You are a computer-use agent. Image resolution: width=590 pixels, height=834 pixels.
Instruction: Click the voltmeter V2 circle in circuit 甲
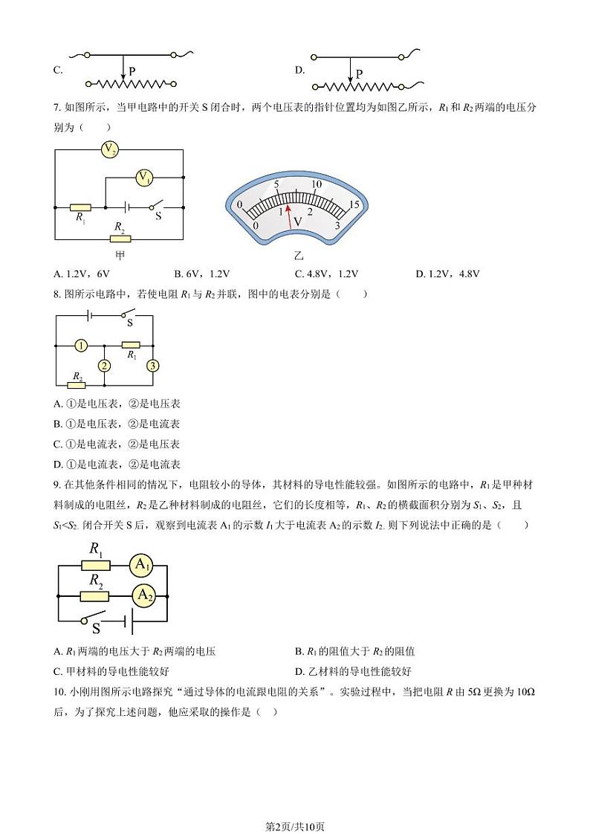(x=110, y=149)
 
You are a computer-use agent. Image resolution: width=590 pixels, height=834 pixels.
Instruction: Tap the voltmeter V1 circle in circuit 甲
(x=144, y=177)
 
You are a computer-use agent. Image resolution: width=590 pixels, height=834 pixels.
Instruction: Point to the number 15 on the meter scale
(x=354, y=204)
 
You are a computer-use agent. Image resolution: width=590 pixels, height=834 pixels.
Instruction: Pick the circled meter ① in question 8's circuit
(x=81, y=345)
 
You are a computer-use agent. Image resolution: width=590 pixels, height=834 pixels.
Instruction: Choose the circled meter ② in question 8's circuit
(x=105, y=365)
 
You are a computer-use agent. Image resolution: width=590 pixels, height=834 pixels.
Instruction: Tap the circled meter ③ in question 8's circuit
(x=153, y=365)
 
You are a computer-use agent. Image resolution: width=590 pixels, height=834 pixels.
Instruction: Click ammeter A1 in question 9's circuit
(x=142, y=566)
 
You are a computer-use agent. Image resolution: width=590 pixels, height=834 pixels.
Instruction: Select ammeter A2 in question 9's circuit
(x=143, y=595)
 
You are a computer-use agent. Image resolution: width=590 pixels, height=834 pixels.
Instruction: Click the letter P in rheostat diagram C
(x=132, y=71)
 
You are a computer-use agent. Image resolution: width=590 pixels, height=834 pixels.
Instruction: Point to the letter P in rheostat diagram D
(x=359, y=74)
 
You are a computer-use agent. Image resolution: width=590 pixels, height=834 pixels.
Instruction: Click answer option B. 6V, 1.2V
(x=201, y=274)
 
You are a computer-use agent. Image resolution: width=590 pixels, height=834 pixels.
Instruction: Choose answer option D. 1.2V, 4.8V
(x=448, y=274)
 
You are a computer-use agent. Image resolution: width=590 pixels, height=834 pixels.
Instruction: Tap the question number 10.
(x=59, y=691)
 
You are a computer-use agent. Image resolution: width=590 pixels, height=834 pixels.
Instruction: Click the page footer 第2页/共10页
(x=295, y=806)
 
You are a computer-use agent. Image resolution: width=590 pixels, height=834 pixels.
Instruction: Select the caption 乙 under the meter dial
(x=299, y=255)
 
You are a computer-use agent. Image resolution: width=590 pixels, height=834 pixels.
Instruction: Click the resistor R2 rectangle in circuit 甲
(x=120, y=239)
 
